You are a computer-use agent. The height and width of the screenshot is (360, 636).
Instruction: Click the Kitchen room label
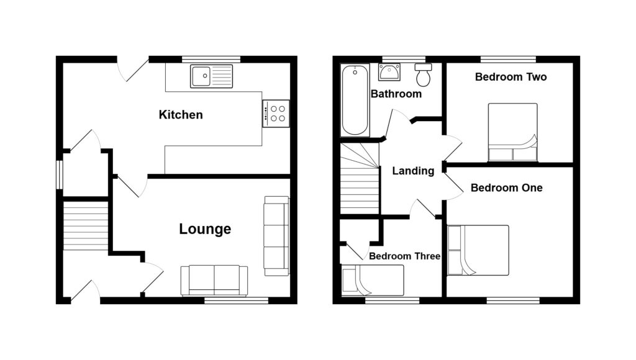[181, 115]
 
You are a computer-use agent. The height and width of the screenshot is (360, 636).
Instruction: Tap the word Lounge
[205, 229]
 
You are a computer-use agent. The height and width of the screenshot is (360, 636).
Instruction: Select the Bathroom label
[396, 94]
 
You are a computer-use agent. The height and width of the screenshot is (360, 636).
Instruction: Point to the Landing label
[413, 171]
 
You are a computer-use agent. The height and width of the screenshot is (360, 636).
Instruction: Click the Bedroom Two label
[511, 78]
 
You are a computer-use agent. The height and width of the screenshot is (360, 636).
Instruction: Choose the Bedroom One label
[506, 187]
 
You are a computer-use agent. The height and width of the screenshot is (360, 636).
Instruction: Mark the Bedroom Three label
[404, 256]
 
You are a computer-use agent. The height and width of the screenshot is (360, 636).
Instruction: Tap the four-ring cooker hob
[276, 113]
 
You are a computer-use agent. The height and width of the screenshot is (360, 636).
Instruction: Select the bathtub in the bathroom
[355, 100]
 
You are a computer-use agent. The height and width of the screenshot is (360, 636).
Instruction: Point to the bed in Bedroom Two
[512, 132]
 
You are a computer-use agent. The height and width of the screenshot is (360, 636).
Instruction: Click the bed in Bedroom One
[478, 250]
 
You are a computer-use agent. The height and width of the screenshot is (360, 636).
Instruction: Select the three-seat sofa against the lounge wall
[276, 236]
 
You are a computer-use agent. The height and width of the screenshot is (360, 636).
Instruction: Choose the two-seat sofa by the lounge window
[214, 281]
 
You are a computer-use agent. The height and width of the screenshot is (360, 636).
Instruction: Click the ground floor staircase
[86, 224]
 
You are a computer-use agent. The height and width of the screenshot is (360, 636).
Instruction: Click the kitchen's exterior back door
[132, 68]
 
